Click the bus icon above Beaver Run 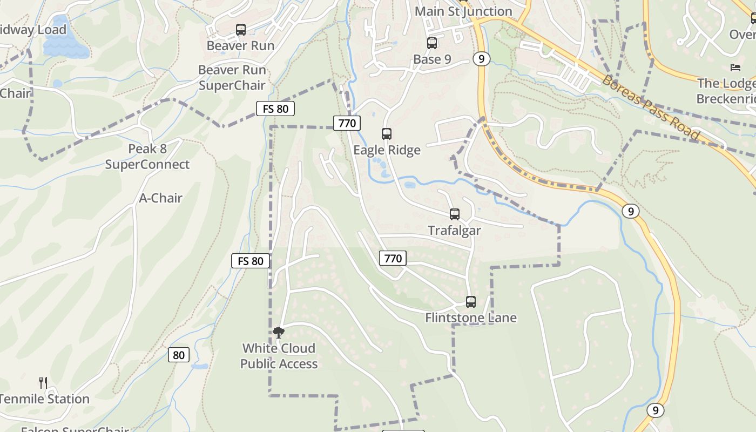241,30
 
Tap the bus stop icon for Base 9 432,43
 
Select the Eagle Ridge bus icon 387,134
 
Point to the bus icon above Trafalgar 455,214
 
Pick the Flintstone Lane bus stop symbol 471,302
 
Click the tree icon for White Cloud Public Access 279,333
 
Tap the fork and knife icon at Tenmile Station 44,383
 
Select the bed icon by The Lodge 735,67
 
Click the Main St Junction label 463,11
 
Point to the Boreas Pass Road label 650,108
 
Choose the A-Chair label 161,198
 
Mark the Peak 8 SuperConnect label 147,157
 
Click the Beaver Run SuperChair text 232,78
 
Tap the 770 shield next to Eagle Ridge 347,123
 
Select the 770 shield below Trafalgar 393,258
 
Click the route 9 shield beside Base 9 481,59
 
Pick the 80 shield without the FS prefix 179,355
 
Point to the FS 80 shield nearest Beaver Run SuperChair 275,109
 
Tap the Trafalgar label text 454,231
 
